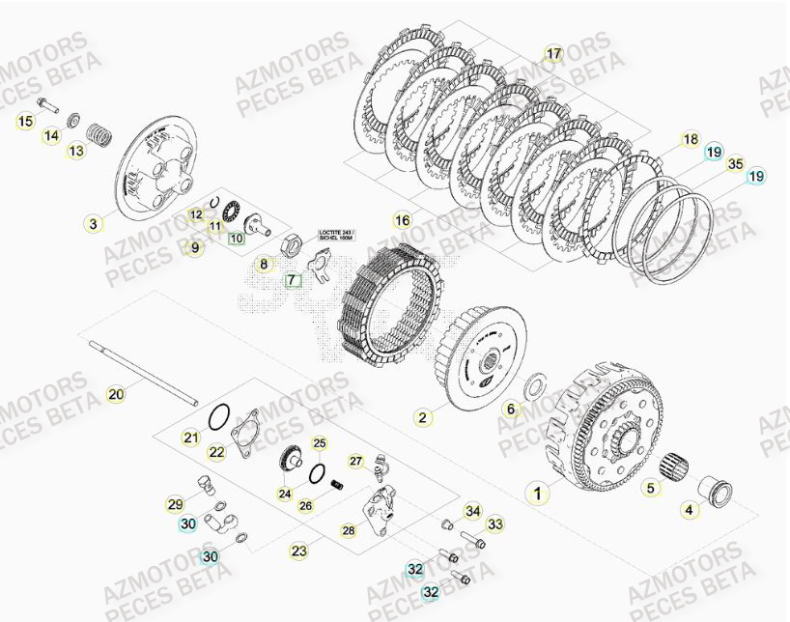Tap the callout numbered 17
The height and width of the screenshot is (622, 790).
[553, 53]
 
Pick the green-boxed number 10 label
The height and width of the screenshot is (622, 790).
[237, 238]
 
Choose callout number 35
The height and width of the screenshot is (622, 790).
[736, 163]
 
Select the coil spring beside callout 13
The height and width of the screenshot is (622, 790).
[97, 129]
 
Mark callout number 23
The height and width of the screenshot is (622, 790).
[299, 551]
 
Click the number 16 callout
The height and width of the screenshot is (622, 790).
[403, 219]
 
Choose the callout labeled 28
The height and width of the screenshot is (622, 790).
[348, 530]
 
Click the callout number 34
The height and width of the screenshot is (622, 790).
[472, 510]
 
